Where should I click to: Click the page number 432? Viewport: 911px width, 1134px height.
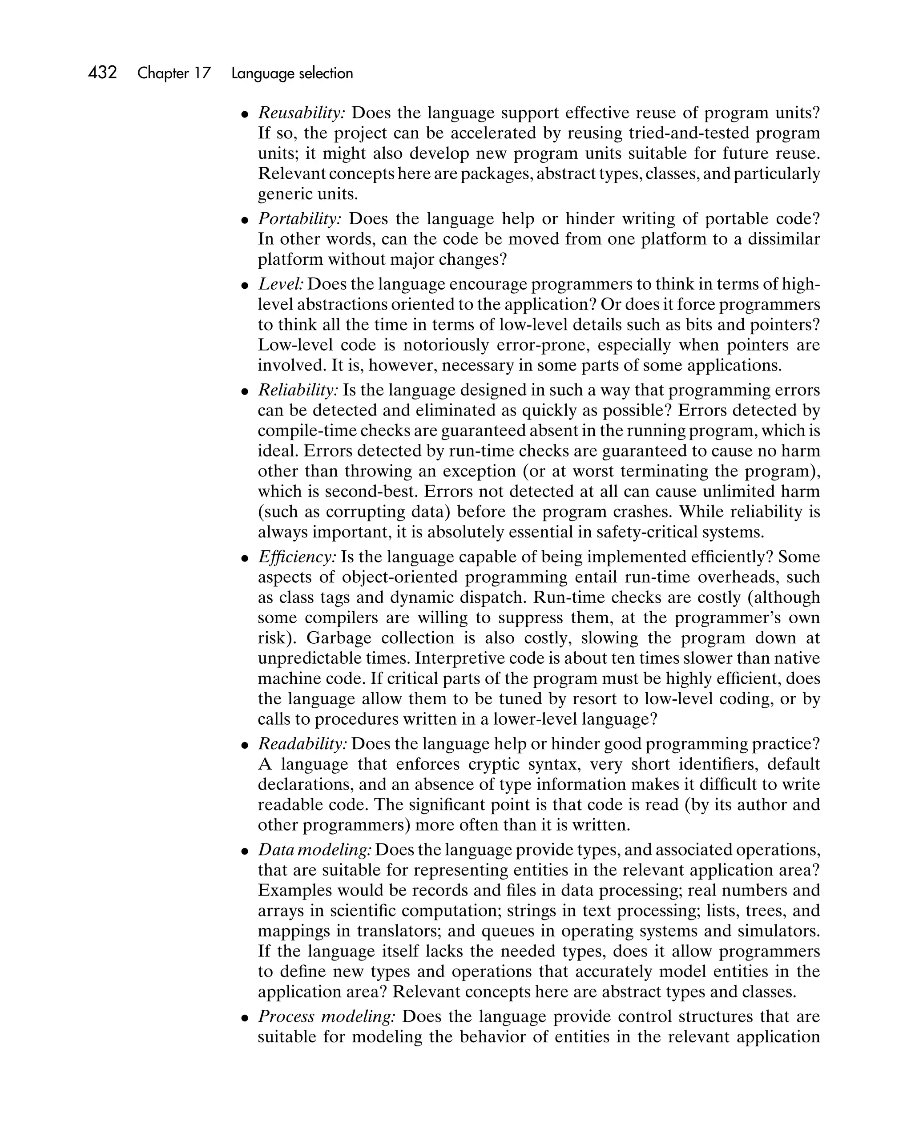[103, 73]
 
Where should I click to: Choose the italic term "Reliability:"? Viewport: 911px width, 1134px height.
[298, 390]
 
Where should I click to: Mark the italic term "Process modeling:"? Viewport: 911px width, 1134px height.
[326, 1016]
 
